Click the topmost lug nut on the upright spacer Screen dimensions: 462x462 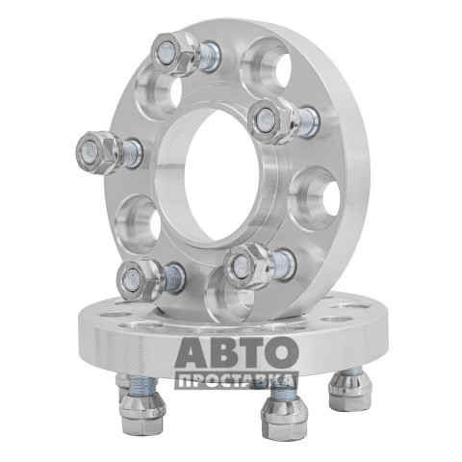pyautogui.click(x=174, y=55)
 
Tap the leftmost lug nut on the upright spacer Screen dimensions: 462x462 pyautogui.click(x=99, y=153)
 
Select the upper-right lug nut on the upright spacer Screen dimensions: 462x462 pyautogui.click(x=273, y=120)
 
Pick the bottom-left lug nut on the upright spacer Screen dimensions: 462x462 pyautogui.click(x=141, y=280)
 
